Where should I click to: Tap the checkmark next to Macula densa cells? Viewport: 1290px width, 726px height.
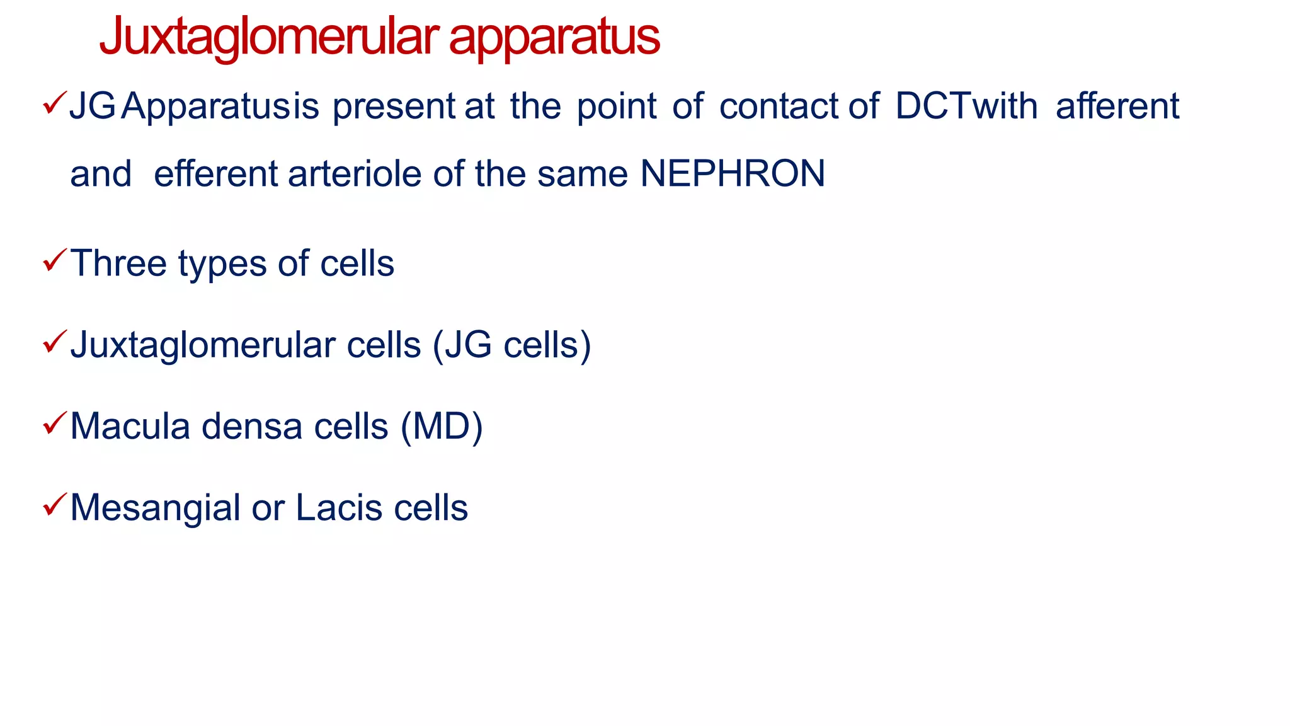click(54, 423)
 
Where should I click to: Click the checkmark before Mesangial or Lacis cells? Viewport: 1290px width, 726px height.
click(54, 504)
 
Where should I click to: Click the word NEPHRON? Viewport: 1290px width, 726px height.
click(733, 174)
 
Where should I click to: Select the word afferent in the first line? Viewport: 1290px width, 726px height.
click(1117, 106)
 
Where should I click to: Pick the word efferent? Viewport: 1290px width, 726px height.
click(215, 174)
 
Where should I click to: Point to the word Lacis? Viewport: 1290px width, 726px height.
click(339, 508)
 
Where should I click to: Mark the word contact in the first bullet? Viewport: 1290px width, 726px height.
click(779, 106)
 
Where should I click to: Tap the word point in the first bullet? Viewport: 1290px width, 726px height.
click(617, 106)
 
